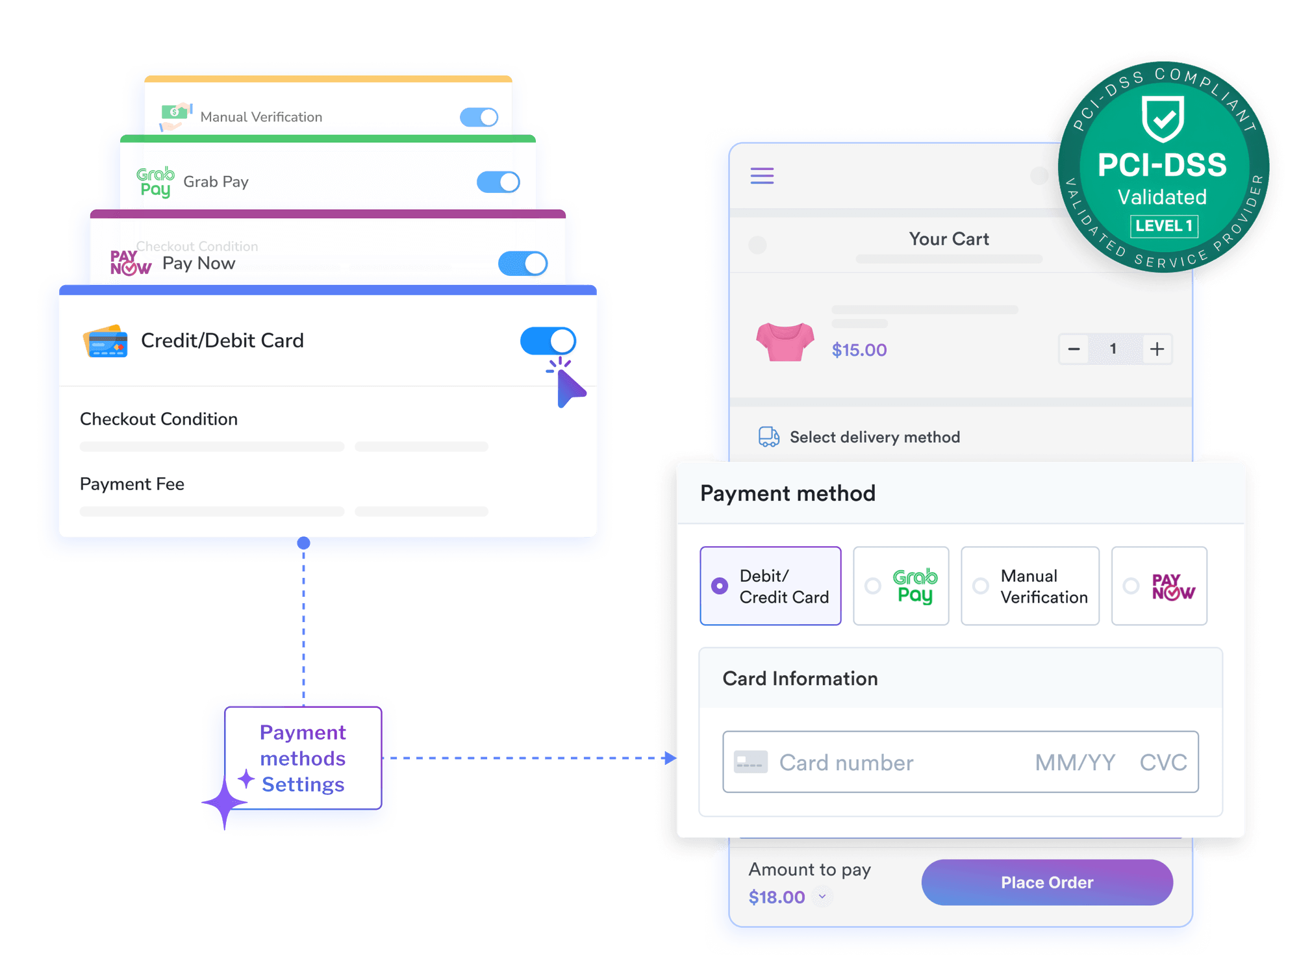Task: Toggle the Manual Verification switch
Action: point(479,117)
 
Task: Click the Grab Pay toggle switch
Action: point(498,182)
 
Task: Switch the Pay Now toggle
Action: point(522,264)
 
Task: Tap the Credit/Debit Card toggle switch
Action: point(548,341)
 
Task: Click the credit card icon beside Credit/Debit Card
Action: point(105,341)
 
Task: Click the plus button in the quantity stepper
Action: point(1157,349)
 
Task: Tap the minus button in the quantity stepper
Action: point(1074,349)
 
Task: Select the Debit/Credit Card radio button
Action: point(720,586)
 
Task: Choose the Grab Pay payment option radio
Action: point(873,586)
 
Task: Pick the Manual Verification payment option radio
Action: point(981,586)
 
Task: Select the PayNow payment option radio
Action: point(1131,586)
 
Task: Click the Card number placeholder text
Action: point(846,762)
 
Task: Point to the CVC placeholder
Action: point(1163,762)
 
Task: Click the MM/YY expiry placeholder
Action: point(1075,762)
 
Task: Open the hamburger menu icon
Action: point(762,175)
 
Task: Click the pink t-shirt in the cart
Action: point(785,342)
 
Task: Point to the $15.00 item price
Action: point(859,350)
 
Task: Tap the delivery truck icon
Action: point(769,437)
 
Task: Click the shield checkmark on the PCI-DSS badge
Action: point(1163,118)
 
